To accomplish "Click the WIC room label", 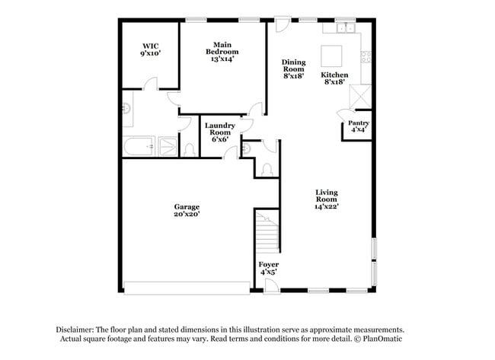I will coord(150,49).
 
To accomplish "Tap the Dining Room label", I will coord(293,69).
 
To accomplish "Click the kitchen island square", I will coord(331,56).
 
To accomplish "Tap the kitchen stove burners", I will coord(366,56).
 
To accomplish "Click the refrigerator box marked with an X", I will coord(359,97).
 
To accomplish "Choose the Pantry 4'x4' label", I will coord(359,126).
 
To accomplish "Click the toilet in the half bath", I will coord(266,169).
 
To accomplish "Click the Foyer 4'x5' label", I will coord(268,268).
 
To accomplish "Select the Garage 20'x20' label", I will coord(187,211).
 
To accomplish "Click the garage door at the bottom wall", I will coord(187,288).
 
